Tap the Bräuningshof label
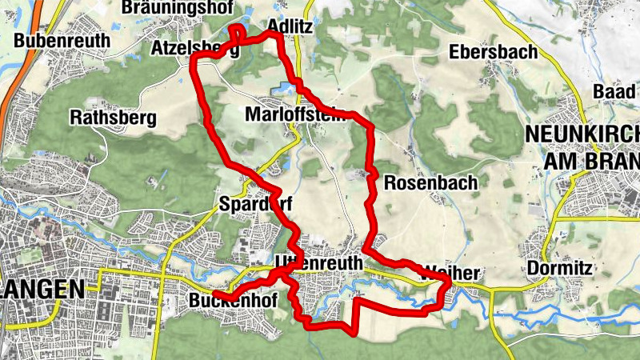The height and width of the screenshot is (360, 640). pos(178,7)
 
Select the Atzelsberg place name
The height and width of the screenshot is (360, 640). pos(194,49)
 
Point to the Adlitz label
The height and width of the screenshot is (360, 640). pos(290,26)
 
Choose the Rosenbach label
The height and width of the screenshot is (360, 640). pos(430,182)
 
